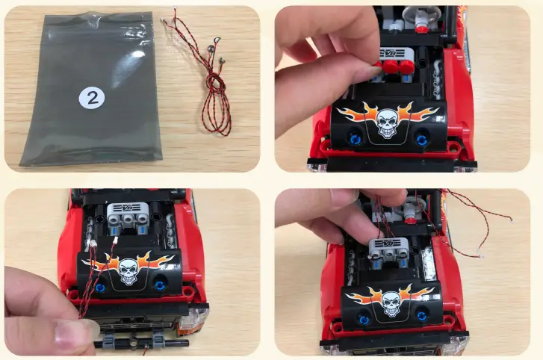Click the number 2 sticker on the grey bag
coord(92,99)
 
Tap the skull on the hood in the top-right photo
coord(387,122)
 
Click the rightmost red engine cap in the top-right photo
coord(406,67)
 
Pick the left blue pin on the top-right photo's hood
coord(356,139)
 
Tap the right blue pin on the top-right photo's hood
coord(422,140)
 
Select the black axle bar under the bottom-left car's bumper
coord(141,343)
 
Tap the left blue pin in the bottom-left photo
coord(100,288)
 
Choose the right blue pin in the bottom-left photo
coord(160,285)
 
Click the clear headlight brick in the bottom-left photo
coord(193,318)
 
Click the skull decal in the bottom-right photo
coord(391,304)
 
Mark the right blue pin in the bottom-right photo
coord(421,316)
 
